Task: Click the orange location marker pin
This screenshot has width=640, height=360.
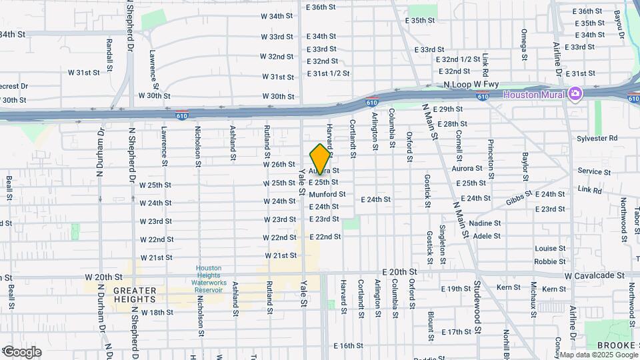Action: (x=321, y=159)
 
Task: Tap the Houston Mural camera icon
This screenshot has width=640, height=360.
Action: (x=575, y=94)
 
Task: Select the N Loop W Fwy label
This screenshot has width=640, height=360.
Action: (x=471, y=85)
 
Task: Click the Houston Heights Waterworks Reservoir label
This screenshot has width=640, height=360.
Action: (x=209, y=279)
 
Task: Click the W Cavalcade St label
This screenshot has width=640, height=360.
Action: (x=594, y=275)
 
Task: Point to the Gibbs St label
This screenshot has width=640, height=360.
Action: (x=518, y=197)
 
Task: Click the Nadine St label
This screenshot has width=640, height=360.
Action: (x=485, y=223)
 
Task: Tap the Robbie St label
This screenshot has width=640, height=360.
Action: (x=550, y=261)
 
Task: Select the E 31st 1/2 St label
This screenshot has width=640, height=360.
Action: (x=328, y=73)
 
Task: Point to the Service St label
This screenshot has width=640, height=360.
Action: (x=590, y=171)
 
